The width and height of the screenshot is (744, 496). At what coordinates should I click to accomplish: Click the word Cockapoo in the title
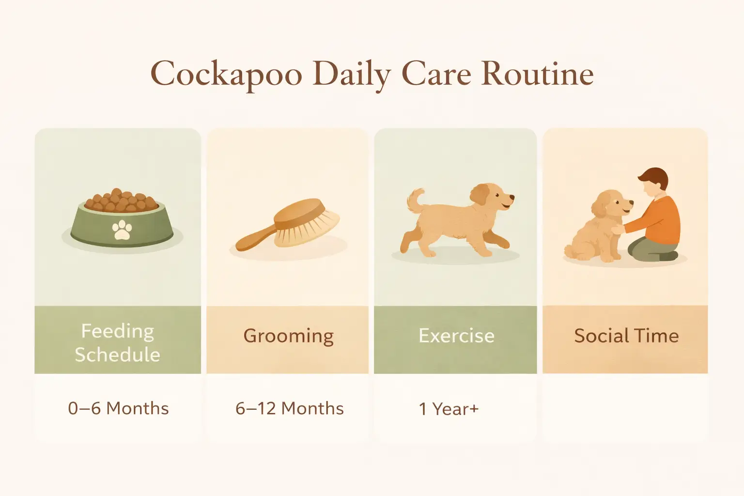pyautogui.click(x=226, y=75)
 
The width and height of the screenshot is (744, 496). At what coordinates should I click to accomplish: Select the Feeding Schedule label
pyautogui.click(x=117, y=342)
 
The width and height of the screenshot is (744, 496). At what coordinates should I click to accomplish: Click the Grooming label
pyautogui.click(x=288, y=336)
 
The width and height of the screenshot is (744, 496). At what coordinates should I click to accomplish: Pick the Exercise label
pyautogui.click(x=456, y=336)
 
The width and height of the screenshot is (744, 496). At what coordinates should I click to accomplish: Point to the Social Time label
pyautogui.click(x=626, y=336)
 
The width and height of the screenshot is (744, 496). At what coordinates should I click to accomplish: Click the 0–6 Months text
pyautogui.click(x=118, y=408)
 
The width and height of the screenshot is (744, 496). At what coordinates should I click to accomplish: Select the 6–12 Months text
pyautogui.click(x=289, y=408)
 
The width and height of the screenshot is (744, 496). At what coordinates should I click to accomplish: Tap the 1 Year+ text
pyautogui.click(x=449, y=409)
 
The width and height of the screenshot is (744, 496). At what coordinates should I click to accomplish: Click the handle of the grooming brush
pyautogui.click(x=254, y=239)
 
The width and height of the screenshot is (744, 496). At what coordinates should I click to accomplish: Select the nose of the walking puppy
pyautogui.click(x=512, y=198)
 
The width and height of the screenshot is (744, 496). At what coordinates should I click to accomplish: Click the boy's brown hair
pyautogui.click(x=654, y=177)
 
